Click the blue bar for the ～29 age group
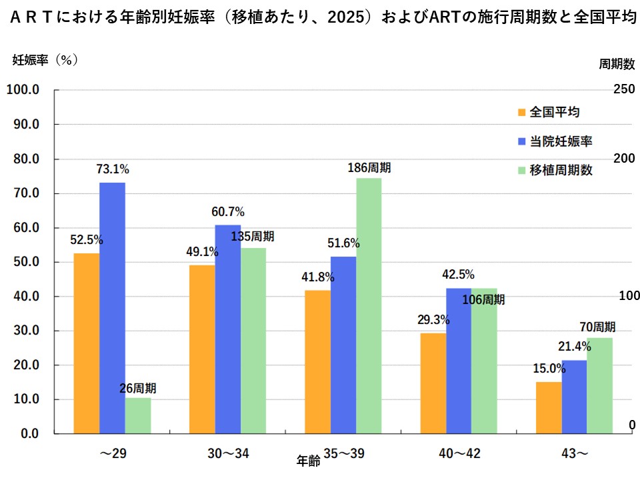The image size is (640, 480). [112, 308]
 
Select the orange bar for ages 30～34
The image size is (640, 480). [202, 349]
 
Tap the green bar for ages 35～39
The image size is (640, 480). [369, 305]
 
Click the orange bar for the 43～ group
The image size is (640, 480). [549, 407]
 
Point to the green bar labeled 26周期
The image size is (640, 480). [138, 415]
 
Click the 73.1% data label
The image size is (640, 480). [112, 169]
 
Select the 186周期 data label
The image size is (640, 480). [369, 167]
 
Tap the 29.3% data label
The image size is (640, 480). [433, 320]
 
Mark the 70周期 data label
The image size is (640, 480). [597, 327]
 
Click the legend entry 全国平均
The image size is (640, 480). [555, 111]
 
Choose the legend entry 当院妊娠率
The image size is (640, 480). [561, 141]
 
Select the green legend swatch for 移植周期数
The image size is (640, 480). [522, 171]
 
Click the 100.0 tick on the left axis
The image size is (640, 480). [23, 89]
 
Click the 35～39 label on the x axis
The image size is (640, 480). [344, 454]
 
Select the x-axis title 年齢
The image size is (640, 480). [308, 460]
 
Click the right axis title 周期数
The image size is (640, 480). [615, 64]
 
